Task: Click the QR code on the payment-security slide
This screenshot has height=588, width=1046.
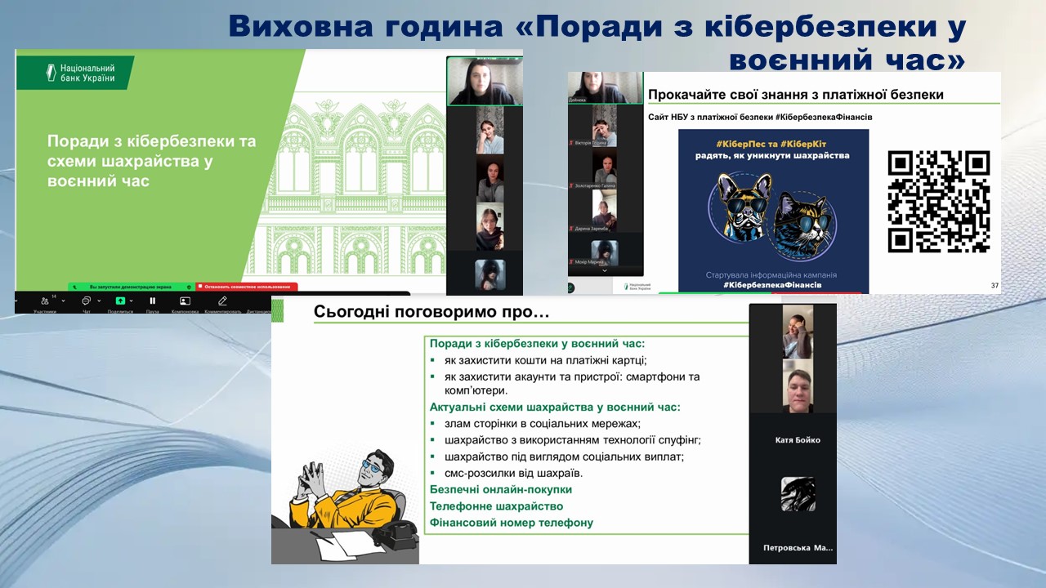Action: (938, 202)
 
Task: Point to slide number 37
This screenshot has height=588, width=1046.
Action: (994, 285)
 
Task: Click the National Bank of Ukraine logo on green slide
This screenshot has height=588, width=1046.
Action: (75, 73)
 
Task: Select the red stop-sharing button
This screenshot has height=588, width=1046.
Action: (247, 287)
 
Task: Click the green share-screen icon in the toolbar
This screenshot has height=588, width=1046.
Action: (120, 301)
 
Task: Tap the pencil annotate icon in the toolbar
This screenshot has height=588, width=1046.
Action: (222, 301)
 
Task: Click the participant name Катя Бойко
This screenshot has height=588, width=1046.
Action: (797, 440)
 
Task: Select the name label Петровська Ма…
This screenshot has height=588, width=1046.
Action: (798, 548)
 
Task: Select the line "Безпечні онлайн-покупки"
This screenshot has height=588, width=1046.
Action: (501, 489)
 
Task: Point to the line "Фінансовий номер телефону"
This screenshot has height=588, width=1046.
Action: (512, 523)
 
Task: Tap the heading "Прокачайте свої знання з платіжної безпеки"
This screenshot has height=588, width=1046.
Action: (795, 95)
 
